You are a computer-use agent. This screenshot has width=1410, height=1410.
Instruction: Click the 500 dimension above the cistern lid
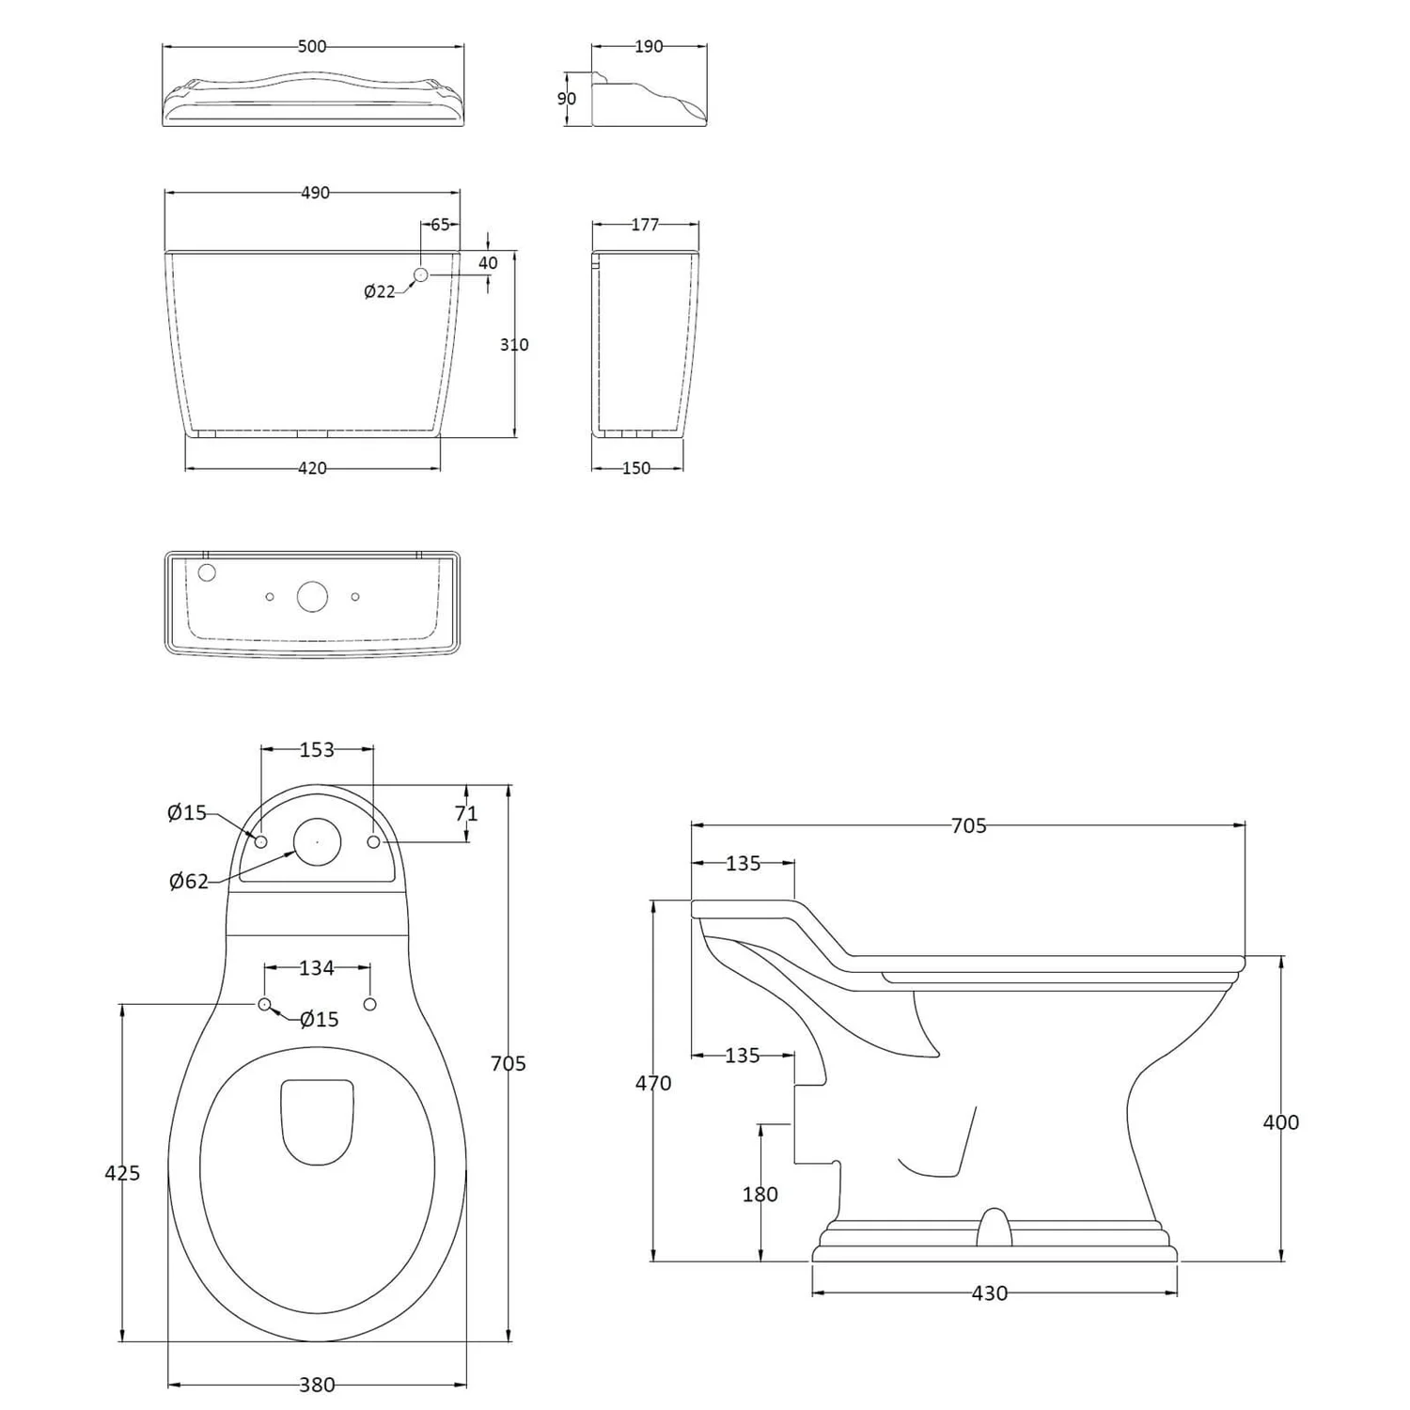click(x=312, y=46)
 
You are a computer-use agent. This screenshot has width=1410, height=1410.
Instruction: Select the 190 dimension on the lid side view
click(x=649, y=46)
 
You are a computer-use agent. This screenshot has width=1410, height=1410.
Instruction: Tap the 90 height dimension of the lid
click(x=567, y=99)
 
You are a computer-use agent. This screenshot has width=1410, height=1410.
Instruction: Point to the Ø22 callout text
click(x=380, y=291)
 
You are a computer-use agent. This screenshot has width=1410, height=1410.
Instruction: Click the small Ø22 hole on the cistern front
click(x=421, y=274)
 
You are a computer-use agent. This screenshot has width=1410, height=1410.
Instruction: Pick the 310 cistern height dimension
click(x=514, y=345)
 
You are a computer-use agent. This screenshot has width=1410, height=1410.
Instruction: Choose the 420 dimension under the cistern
click(x=312, y=468)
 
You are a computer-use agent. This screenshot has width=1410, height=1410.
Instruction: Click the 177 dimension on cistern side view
click(x=645, y=225)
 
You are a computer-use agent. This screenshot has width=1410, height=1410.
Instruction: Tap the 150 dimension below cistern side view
click(x=636, y=468)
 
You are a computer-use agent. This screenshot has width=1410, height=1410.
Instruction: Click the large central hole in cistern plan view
click(x=313, y=597)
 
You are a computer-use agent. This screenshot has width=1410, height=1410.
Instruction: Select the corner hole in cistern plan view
click(x=208, y=572)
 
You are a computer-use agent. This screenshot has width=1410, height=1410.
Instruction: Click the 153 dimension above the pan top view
click(x=317, y=749)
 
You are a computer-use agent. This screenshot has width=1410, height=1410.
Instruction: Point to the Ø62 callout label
click(x=189, y=881)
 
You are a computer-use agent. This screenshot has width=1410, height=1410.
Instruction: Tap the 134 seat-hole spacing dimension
click(x=317, y=967)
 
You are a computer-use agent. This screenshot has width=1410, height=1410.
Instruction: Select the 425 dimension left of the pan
click(x=122, y=1172)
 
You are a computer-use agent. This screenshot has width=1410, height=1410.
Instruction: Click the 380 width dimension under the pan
click(x=317, y=1385)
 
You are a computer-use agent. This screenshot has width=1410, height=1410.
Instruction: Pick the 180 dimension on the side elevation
click(x=760, y=1194)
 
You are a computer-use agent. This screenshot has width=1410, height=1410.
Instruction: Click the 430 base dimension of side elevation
click(x=989, y=1293)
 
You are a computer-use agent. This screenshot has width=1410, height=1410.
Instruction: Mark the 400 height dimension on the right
click(x=1280, y=1121)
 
